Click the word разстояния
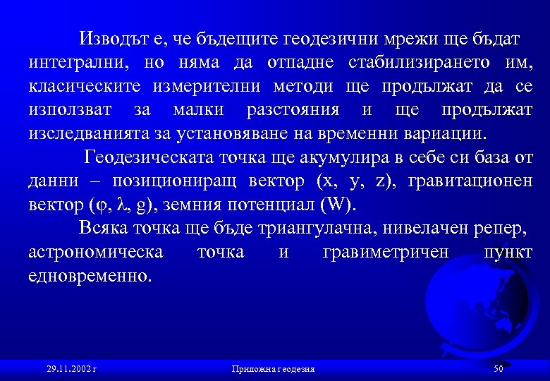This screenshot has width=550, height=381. tap(293, 111)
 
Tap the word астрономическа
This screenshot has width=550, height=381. tap(96, 252)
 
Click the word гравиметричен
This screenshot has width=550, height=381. tap(385, 252)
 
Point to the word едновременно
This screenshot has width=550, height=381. tap(90, 276)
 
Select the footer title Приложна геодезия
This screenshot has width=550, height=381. tap(273, 369)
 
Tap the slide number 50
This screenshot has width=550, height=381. tap(499, 369)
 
